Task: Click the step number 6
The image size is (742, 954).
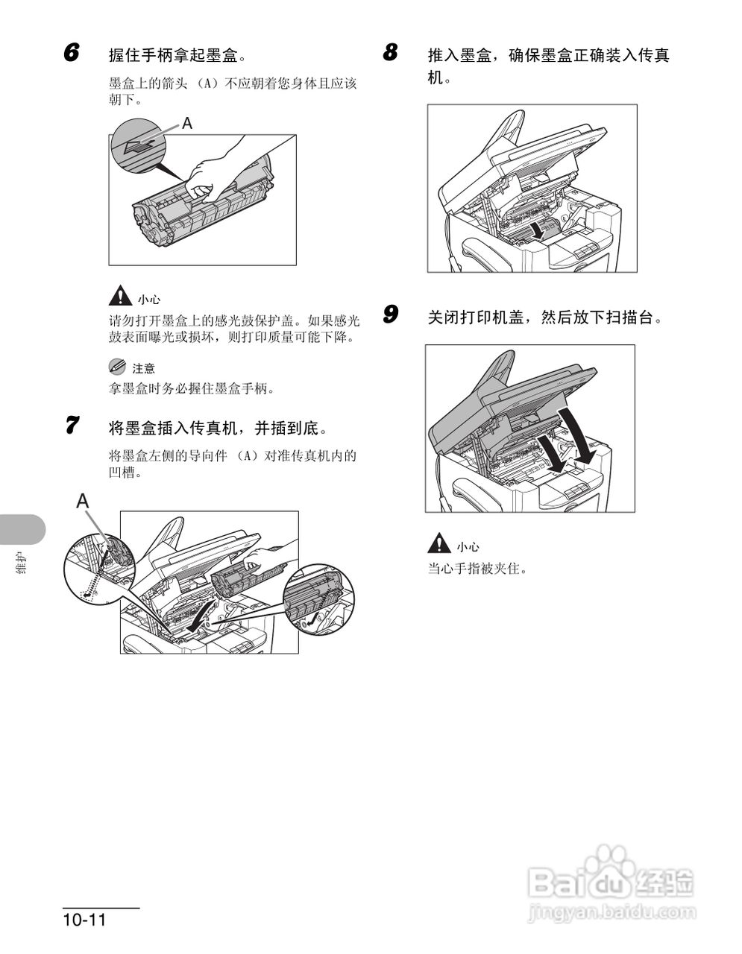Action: (x=71, y=54)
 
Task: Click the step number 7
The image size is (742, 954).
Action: (x=71, y=426)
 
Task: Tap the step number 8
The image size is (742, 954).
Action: (x=390, y=54)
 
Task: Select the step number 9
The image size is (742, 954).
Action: (x=390, y=315)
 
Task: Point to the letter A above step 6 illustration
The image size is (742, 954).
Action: (x=187, y=124)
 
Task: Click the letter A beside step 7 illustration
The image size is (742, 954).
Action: (x=83, y=502)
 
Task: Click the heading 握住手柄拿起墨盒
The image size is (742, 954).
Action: (x=177, y=56)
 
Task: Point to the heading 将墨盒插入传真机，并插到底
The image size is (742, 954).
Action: (x=218, y=428)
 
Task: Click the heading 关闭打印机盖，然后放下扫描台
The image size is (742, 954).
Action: (x=544, y=317)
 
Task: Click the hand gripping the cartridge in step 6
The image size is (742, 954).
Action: (x=213, y=171)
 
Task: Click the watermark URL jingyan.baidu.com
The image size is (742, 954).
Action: (x=611, y=912)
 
